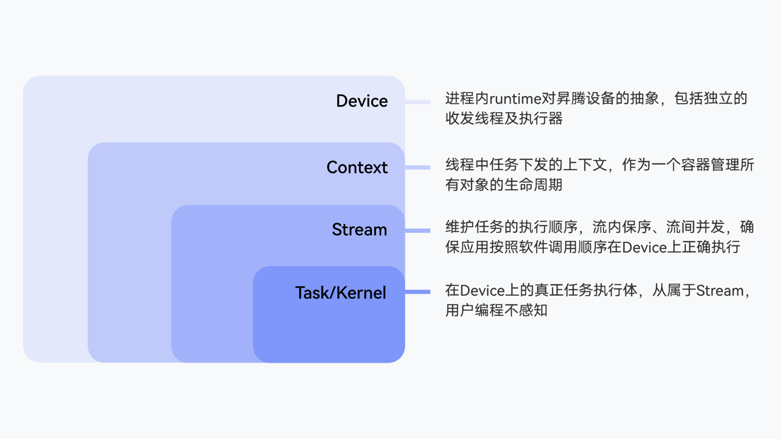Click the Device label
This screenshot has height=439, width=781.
[362, 101]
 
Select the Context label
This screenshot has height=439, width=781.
[357, 167]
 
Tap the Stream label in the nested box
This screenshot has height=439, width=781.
[359, 230]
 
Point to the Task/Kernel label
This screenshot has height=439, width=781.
[341, 293]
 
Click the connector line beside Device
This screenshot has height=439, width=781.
[418, 102]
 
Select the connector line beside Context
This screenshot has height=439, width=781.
[418, 168]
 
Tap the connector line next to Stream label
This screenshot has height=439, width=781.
[418, 231]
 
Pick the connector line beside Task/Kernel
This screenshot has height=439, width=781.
[418, 291]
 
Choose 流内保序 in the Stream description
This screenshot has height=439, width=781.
[622, 227]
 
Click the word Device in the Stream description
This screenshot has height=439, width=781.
[645, 248]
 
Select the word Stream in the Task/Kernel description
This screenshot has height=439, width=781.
[720, 291]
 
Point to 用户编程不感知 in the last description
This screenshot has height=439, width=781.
[496, 310]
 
